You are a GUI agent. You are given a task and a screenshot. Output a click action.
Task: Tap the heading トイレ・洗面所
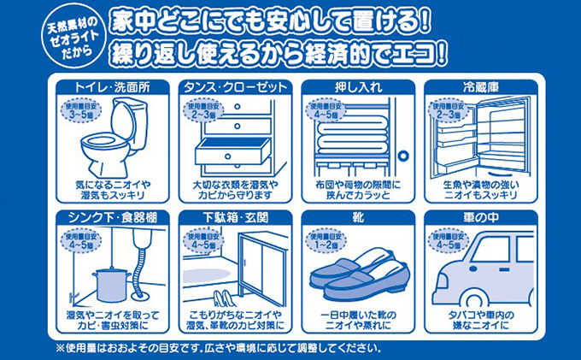(x=113, y=87)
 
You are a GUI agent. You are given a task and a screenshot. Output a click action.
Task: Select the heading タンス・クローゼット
(x=236, y=87)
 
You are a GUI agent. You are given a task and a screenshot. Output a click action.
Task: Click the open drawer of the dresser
(x=232, y=150)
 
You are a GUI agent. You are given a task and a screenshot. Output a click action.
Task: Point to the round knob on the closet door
(x=402, y=155)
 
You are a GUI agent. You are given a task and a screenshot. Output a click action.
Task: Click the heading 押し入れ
(x=358, y=87)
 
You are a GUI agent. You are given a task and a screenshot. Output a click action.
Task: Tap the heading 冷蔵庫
(x=480, y=87)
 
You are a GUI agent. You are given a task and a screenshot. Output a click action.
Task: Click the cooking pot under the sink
(x=111, y=285)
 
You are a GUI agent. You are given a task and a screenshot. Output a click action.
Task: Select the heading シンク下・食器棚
(x=113, y=218)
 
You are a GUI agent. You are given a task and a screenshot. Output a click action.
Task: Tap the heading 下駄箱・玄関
(x=236, y=218)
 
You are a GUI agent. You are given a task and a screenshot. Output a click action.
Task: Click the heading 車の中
(x=480, y=218)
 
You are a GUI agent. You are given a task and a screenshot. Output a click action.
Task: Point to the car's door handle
(x=504, y=269)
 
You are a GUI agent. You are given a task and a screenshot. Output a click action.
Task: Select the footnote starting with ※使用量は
(x=218, y=348)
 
